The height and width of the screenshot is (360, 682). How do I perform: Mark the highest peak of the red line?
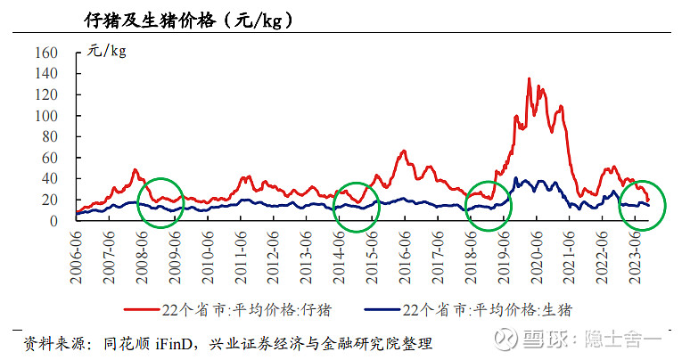click(530, 79)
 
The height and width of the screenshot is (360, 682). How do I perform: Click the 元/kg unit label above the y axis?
click(107, 51)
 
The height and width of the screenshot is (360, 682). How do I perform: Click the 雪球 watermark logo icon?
click(507, 340)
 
